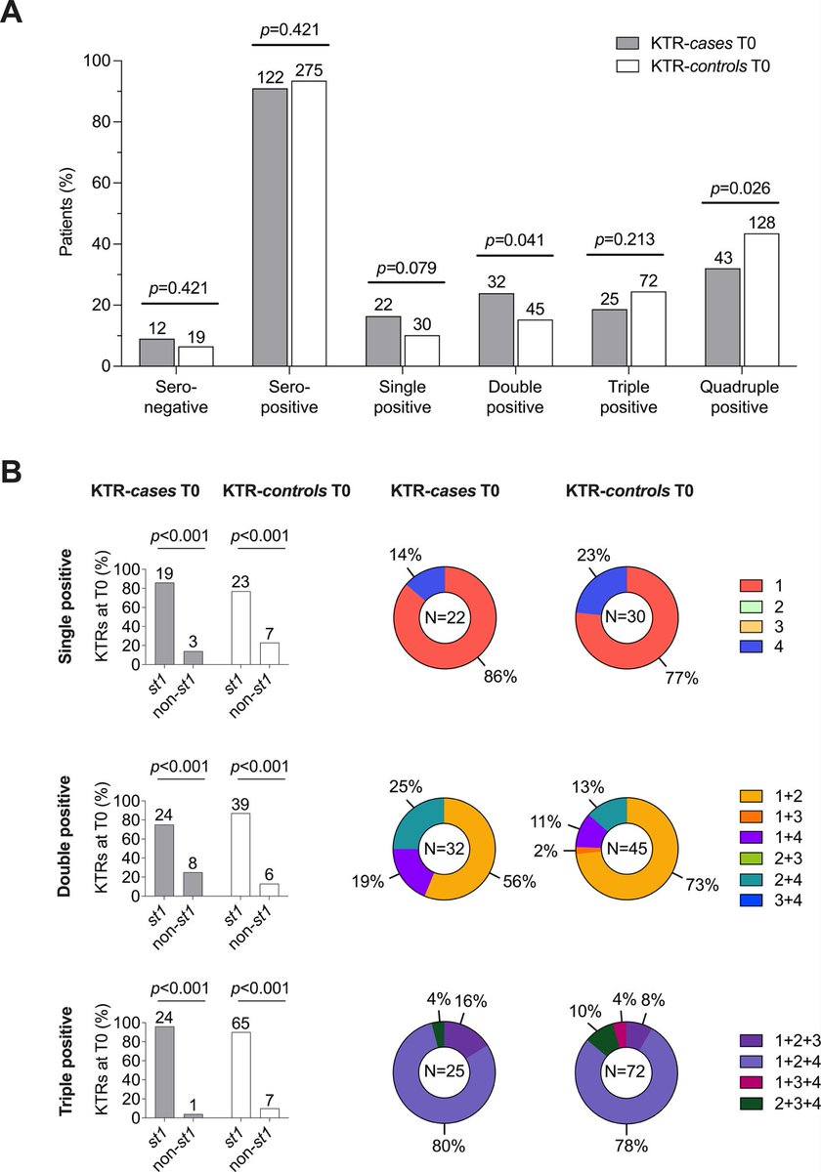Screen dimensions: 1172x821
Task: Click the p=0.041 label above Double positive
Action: coord(514,239)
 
